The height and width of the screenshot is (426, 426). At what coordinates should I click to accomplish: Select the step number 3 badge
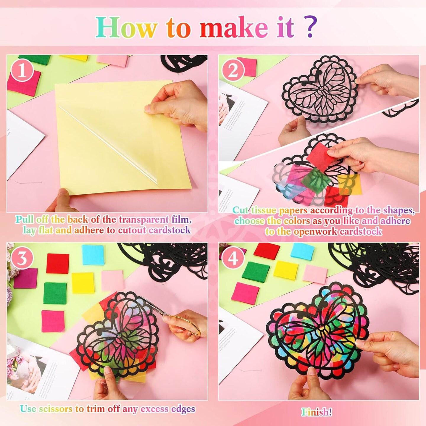coord(22,259)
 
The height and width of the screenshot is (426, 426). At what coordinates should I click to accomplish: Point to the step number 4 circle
coord(233,259)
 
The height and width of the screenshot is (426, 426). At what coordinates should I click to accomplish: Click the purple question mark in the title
coord(311,27)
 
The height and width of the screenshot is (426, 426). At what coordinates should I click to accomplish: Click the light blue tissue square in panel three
coord(93,255)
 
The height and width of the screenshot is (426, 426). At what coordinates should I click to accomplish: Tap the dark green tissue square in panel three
coord(55,293)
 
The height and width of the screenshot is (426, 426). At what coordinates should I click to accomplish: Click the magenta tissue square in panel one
coord(24,83)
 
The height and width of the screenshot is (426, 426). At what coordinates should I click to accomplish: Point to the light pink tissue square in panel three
coord(112,280)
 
